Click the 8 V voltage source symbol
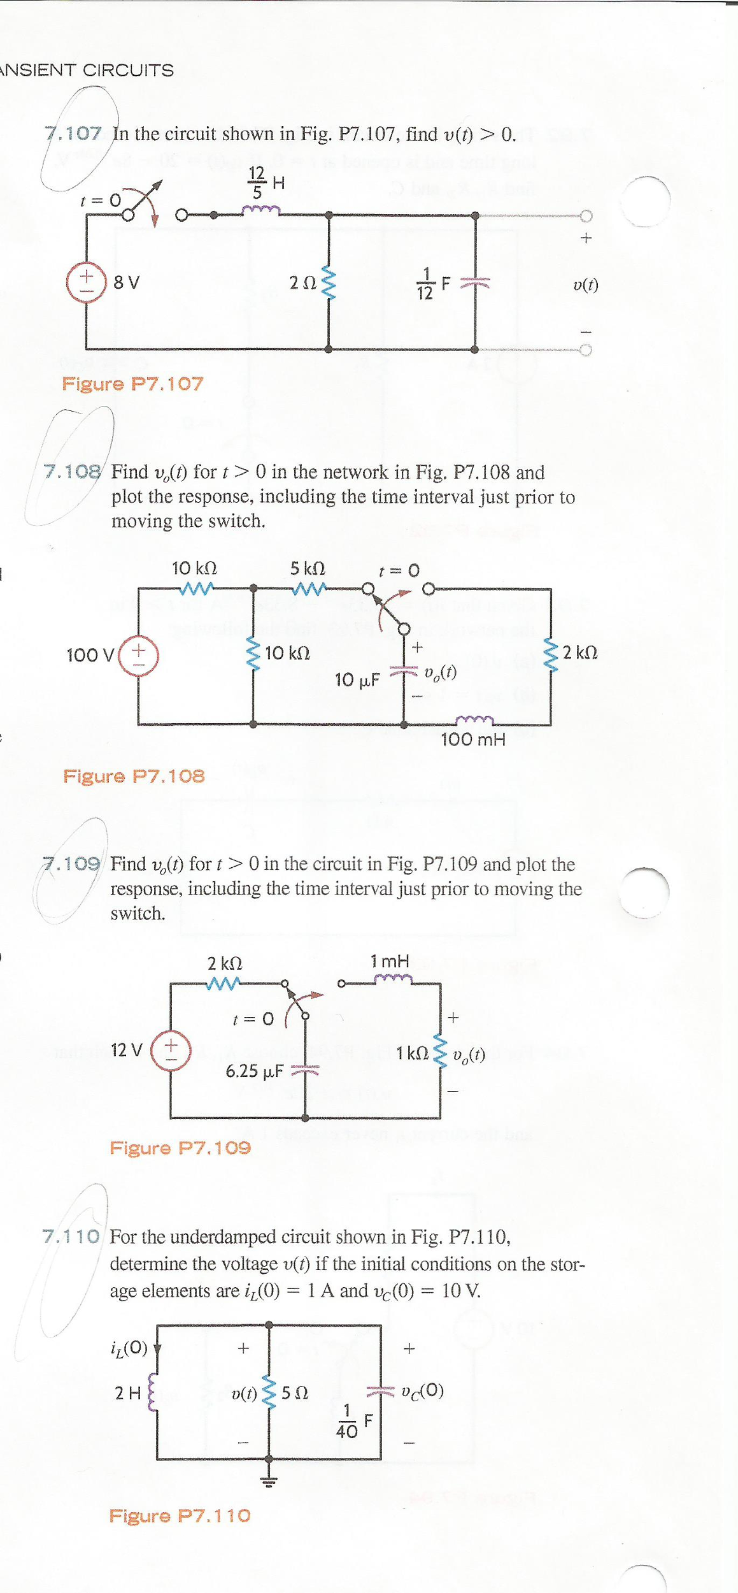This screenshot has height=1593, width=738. coord(86,283)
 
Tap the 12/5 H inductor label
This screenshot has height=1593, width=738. coord(264,183)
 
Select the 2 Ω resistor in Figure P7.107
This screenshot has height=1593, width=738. coord(329,282)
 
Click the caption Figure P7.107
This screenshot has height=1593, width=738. coord(132,384)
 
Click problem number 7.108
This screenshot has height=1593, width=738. coord(72,472)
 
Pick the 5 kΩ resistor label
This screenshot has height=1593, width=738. coord(308,568)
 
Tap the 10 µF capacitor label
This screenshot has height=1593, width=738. coord(357,680)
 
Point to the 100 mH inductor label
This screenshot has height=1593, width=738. coord(473,740)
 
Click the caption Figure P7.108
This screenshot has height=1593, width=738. coord(134,776)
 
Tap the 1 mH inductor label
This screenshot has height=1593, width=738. coord(390,961)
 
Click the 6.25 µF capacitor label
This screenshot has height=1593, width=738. coord(254,1071)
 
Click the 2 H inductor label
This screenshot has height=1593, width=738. coord(127,1394)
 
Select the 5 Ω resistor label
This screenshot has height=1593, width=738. coord(295,1394)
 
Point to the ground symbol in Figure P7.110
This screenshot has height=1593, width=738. coord(269,1481)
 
